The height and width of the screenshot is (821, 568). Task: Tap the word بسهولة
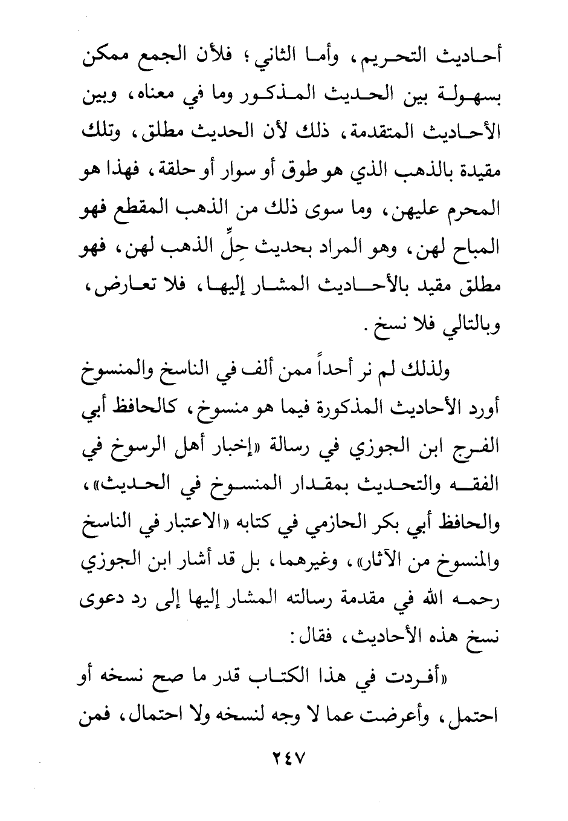(468, 96)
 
